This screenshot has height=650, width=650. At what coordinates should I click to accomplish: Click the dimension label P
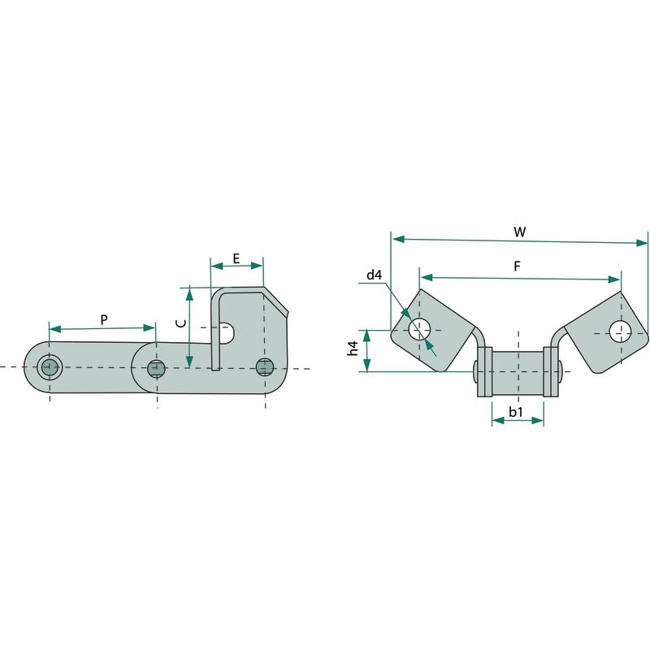pyautogui.click(x=104, y=319)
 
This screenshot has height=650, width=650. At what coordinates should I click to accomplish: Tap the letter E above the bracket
pyautogui.click(x=236, y=258)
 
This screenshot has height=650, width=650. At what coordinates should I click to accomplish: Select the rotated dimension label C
pyautogui.click(x=180, y=323)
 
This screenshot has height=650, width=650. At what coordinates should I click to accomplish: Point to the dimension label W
pyautogui.click(x=519, y=232)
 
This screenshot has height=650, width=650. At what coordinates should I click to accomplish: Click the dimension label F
pyautogui.click(x=517, y=266)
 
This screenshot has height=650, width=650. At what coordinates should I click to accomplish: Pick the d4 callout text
pyautogui.click(x=375, y=275)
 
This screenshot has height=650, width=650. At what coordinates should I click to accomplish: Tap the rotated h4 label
pyautogui.click(x=353, y=349)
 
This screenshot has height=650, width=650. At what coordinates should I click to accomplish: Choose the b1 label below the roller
pyautogui.click(x=516, y=412)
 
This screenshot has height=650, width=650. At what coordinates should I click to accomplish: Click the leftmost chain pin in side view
pyautogui.click(x=50, y=367)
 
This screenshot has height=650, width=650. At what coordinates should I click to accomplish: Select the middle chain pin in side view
pyautogui.click(x=156, y=368)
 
